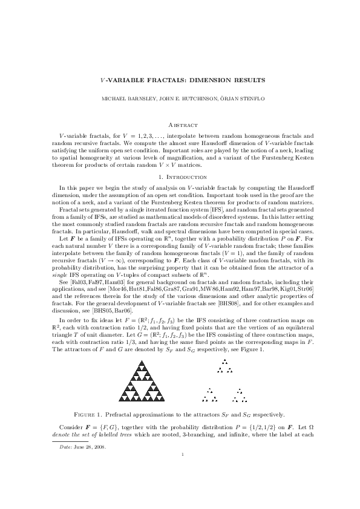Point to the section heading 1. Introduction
180,177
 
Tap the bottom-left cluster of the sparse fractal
210,397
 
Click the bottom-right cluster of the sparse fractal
239,397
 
